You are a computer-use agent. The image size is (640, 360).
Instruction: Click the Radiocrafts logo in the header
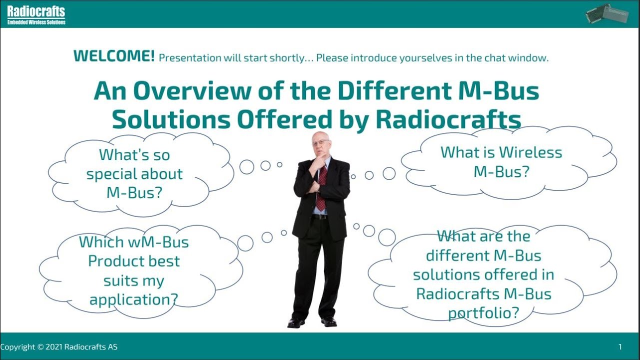point(36,11)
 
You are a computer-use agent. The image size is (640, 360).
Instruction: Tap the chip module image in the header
point(605,13)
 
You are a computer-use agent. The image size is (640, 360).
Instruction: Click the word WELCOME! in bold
point(113,56)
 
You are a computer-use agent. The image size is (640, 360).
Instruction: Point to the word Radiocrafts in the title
point(448,120)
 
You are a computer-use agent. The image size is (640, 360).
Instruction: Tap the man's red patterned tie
point(321,187)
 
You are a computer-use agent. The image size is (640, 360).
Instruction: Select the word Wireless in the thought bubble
point(530,152)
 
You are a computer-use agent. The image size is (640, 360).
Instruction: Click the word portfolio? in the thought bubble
point(483,313)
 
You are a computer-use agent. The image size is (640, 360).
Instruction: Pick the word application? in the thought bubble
point(133,299)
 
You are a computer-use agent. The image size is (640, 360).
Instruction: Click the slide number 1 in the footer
point(620,346)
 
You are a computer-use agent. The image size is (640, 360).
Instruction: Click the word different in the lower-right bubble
point(458,255)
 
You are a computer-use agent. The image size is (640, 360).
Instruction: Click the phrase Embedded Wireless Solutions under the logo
point(36,22)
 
